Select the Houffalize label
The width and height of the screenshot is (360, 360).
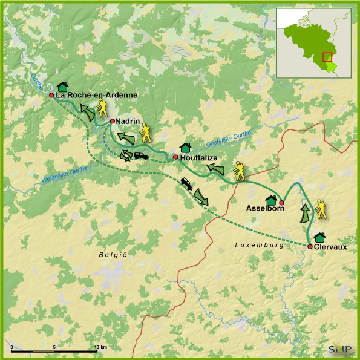[199, 157]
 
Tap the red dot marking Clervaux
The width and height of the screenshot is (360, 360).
[310, 247]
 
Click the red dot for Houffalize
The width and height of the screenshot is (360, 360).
[175, 157]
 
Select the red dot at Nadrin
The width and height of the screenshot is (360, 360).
[113, 121]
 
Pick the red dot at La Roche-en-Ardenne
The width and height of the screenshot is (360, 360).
[52, 95]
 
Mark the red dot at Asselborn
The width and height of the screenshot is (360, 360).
[281, 202]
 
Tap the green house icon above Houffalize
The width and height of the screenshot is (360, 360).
[186, 147]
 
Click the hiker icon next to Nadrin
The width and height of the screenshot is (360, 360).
[146, 133]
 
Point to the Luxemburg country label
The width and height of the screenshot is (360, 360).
[260, 245]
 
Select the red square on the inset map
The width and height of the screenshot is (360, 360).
[327, 57]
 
